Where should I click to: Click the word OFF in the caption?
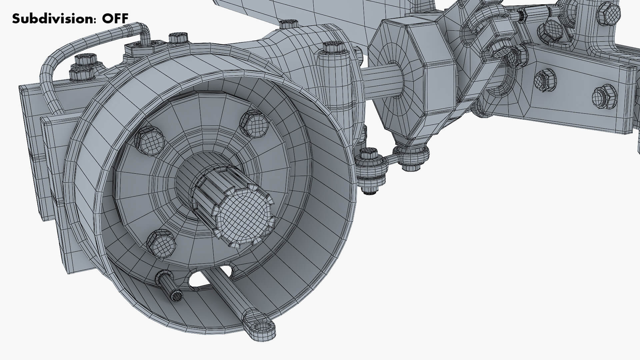[x=115, y=18]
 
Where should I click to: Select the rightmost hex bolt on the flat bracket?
[x=604, y=97]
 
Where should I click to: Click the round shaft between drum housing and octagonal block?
[x=380, y=80]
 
